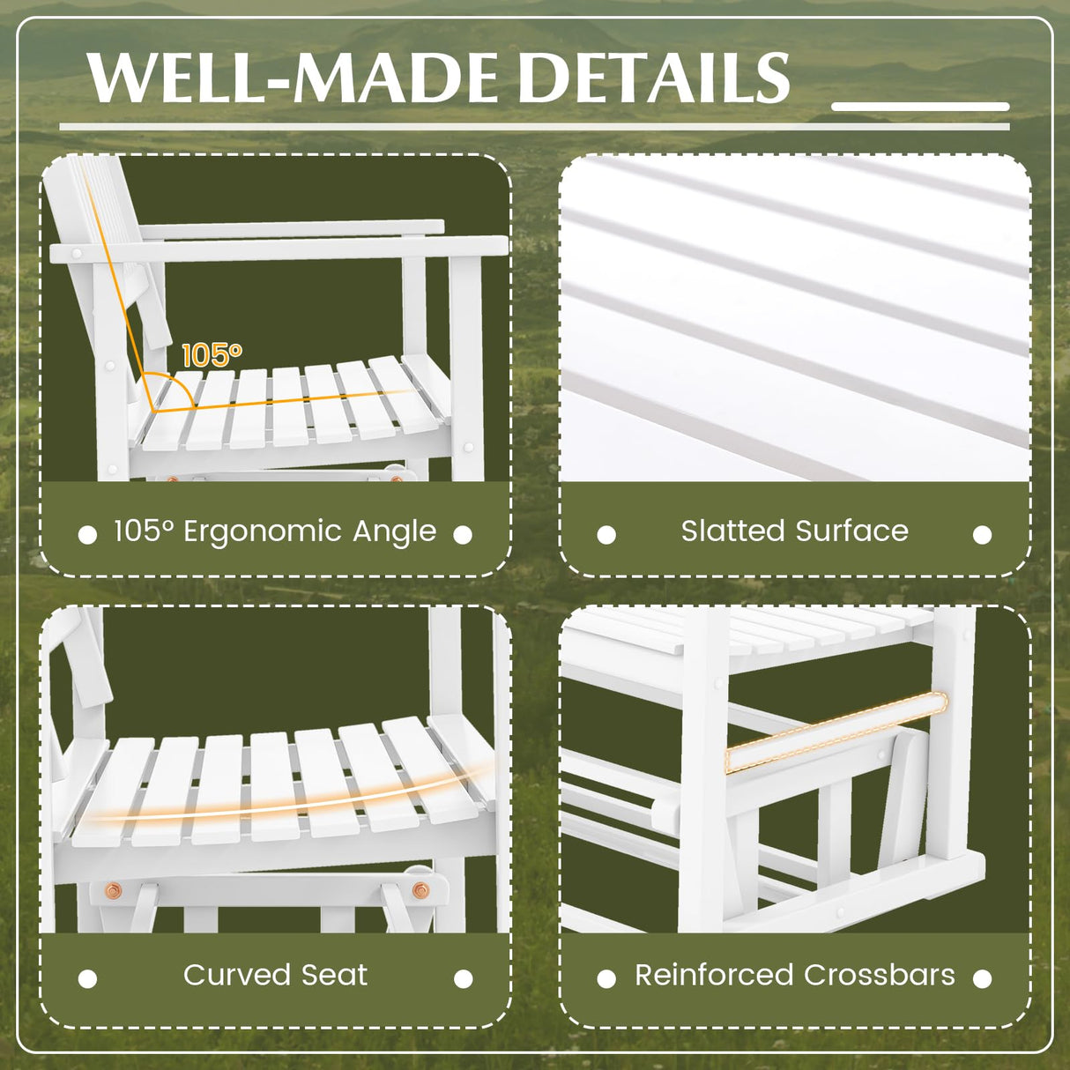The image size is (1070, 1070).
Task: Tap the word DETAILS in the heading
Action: click(652, 78)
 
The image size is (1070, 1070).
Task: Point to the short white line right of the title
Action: click(919, 107)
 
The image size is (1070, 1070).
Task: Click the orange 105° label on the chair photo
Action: click(212, 355)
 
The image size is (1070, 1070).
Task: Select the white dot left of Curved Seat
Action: click(87, 978)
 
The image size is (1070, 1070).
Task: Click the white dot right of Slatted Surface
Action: click(982, 535)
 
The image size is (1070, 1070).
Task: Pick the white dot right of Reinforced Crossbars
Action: click(982, 978)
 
